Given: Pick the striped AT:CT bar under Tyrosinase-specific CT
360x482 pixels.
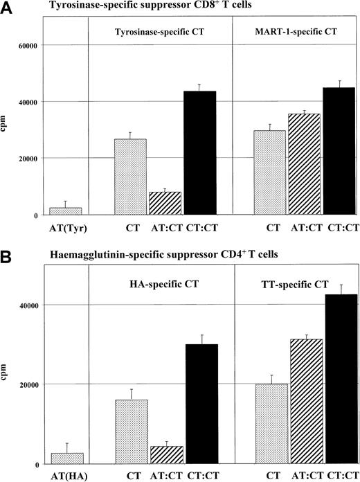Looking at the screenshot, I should [165, 203].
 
